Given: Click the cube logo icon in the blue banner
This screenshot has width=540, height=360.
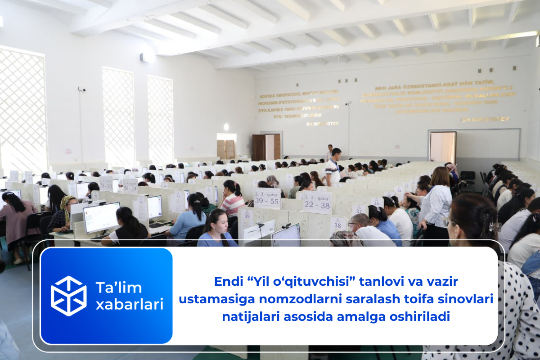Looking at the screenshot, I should [x=68, y=296].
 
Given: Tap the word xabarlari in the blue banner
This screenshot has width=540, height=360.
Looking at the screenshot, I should [x=129, y=305].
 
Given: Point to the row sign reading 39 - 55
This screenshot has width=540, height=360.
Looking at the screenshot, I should [x=267, y=198].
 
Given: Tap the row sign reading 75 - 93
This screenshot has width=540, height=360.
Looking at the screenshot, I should [x=106, y=183].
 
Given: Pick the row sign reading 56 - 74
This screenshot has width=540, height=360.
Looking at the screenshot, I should [x=130, y=186].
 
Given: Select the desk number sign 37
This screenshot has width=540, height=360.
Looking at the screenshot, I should [x=359, y=210].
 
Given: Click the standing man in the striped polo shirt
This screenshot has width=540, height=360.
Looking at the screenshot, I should [x=333, y=167].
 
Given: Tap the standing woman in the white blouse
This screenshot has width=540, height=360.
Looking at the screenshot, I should [x=435, y=202].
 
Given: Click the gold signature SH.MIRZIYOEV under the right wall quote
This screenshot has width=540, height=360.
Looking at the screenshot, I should [x=485, y=119].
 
